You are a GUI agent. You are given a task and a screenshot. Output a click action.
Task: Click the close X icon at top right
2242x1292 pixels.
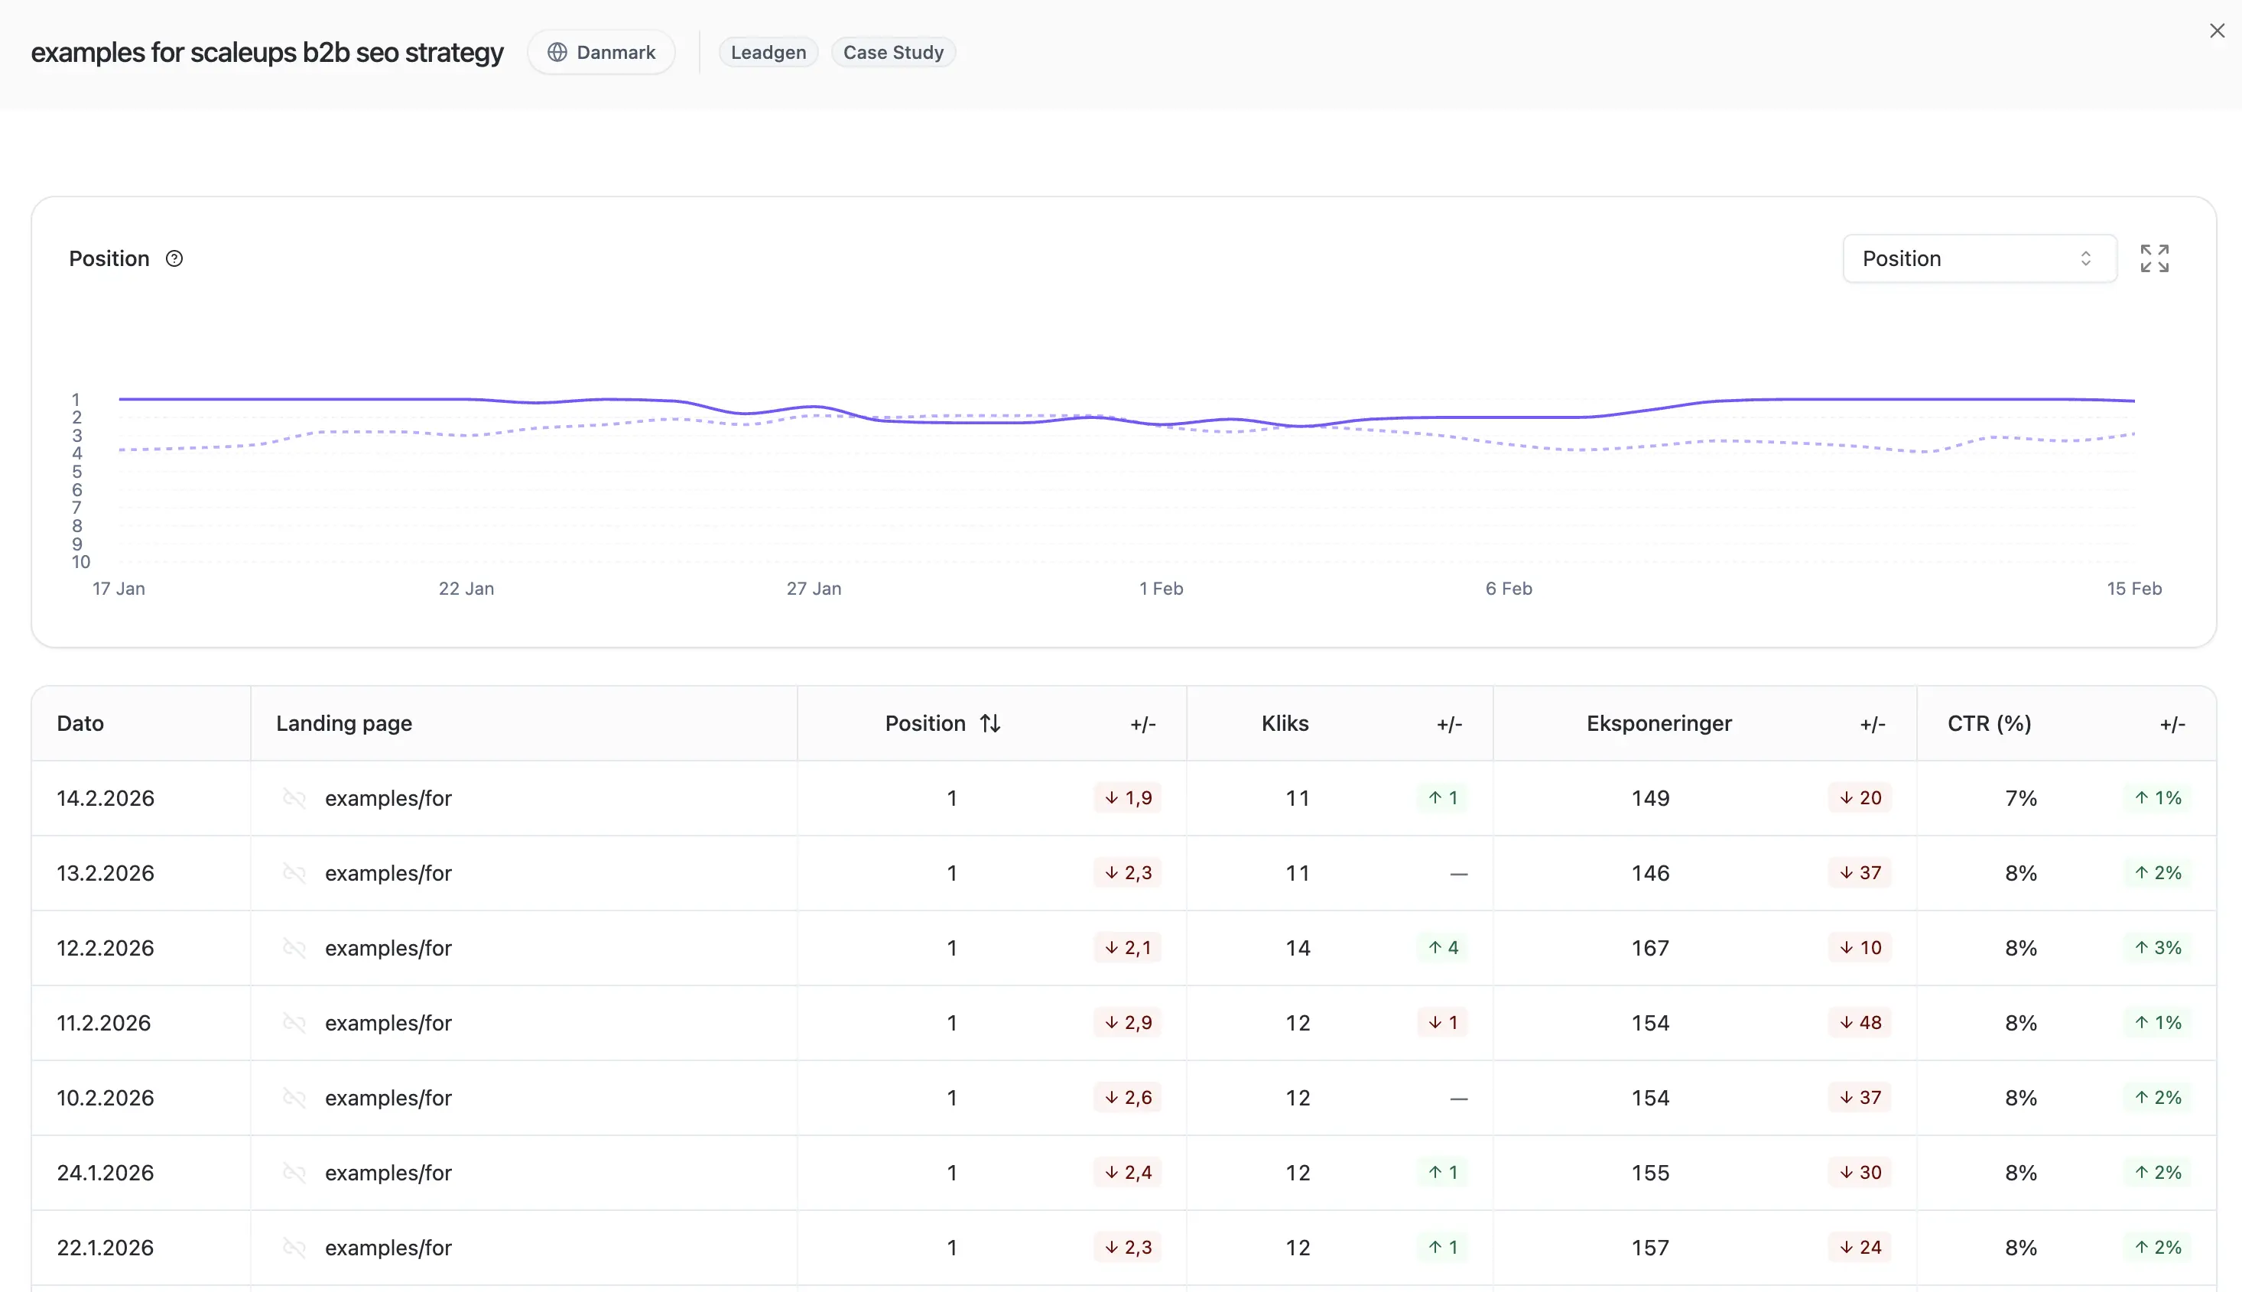pyautogui.click(x=2216, y=31)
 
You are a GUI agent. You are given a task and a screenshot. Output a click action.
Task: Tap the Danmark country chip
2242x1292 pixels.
pyautogui.click(x=601, y=52)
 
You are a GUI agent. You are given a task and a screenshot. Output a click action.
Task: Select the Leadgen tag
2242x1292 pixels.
pyautogui.click(x=768, y=52)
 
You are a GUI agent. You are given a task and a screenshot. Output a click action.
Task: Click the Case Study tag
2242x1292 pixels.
pyautogui.click(x=892, y=52)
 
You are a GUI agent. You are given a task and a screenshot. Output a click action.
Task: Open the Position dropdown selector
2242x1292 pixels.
pyautogui.click(x=1978, y=258)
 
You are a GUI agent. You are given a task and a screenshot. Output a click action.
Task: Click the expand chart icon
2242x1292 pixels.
pyautogui.click(x=2153, y=258)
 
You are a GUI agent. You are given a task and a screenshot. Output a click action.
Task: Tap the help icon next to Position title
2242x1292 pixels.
pyautogui.click(x=175, y=258)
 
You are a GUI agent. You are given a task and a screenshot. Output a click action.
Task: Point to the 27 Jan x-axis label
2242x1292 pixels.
pyautogui.click(x=813, y=589)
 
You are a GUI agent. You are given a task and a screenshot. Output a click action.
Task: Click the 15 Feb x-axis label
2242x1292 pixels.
pyautogui.click(x=2133, y=589)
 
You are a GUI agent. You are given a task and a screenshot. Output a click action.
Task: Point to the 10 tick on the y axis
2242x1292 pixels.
pyautogui.click(x=81, y=562)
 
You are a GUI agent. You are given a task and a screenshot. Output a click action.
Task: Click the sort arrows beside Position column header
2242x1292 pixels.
pyautogui.click(x=989, y=723)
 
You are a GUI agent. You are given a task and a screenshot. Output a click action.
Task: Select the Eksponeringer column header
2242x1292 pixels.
pyautogui.click(x=1658, y=723)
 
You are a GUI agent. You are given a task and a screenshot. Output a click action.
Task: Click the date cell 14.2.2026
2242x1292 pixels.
pyautogui.click(x=106, y=797)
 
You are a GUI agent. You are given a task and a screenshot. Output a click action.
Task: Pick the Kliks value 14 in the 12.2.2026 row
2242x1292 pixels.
pyautogui.click(x=1297, y=948)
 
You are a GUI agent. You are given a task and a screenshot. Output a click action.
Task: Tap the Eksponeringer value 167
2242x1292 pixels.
pyautogui.click(x=1649, y=948)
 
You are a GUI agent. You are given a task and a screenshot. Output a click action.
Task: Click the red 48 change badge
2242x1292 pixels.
pyautogui.click(x=1860, y=1022)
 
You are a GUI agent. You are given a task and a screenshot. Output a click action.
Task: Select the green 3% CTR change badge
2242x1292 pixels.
pyautogui.click(x=2158, y=948)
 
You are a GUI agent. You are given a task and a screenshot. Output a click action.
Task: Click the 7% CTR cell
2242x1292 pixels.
pyautogui.click(x=2020, y=797)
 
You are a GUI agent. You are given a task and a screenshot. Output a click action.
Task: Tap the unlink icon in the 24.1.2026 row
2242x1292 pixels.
pyautogui.click(x=294, y=1172)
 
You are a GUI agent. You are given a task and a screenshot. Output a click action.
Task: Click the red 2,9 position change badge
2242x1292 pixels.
pyautogui.click(x=1127, y=1022)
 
